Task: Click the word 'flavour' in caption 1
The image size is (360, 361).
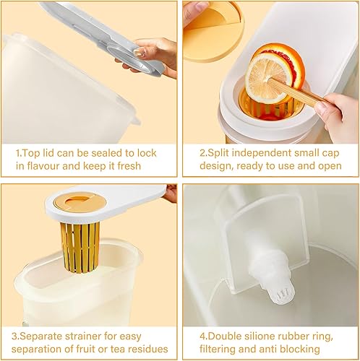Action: click(x=43, y=166)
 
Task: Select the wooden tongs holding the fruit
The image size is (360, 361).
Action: click(x=296, y=92)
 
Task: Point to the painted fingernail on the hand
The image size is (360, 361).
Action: click(x=140, y=52)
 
